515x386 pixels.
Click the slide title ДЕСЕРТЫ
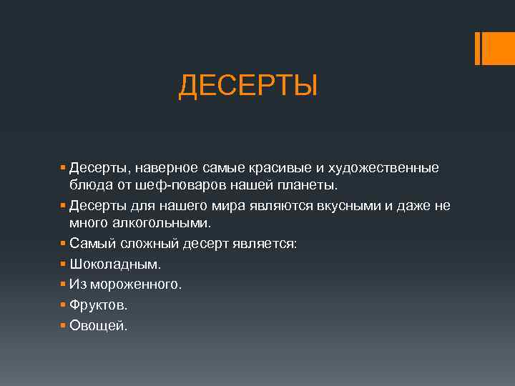click(x=247, y=87)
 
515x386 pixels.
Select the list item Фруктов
click(x=99, y=305)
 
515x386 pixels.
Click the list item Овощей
click(x=99, y=326)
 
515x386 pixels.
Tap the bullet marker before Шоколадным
click(x=64, y=264)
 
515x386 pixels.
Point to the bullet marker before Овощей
click(x=64, y=326)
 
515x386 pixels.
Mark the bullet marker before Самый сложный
click(x=64, y=244)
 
